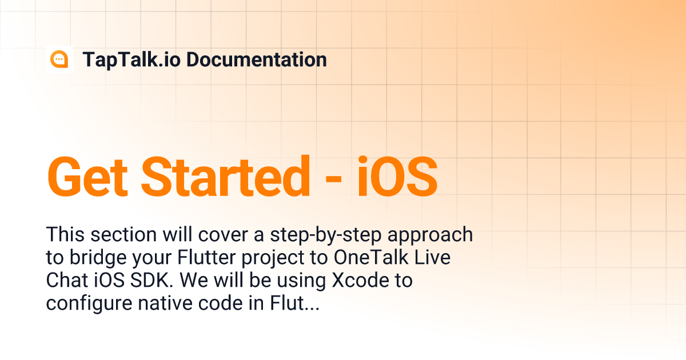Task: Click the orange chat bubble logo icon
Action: (x=59, y=59)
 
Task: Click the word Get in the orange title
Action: (x=88, y=176)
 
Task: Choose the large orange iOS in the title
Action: (x=397, y=176)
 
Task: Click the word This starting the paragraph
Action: (x=63, y=234)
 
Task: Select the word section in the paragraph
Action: (x=121, y=234)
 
